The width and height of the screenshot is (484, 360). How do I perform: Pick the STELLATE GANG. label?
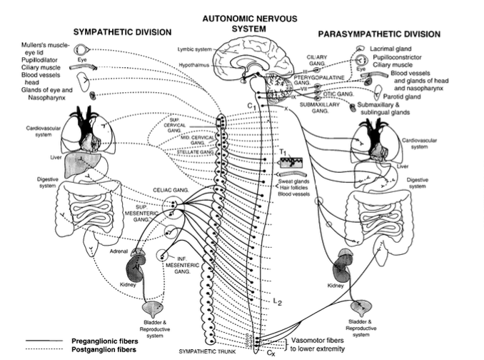point(196,152)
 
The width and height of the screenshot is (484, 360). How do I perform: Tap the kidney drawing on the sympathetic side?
point(135,270)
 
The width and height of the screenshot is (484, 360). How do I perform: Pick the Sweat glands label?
point(296,181)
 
